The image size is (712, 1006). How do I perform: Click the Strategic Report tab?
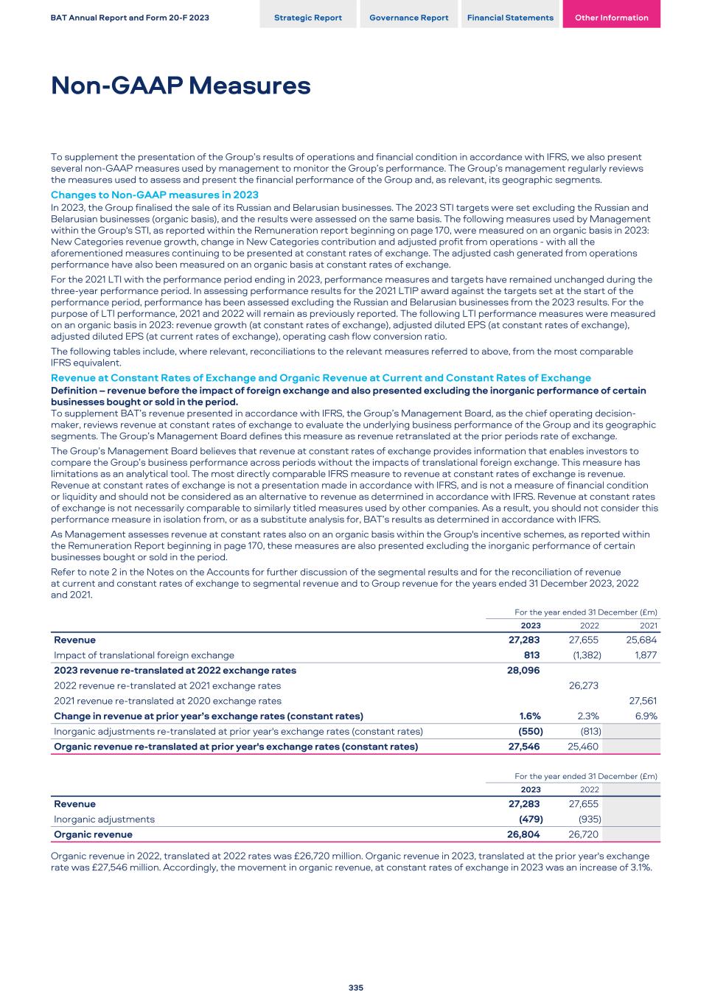[x=308, y=18]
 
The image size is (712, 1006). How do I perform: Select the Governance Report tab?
[x=408, y=18]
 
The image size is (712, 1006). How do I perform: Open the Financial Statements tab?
[x=510, y=18]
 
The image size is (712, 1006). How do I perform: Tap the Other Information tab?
[x=611, y=18]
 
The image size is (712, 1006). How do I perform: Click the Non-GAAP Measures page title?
[x=181, y=86]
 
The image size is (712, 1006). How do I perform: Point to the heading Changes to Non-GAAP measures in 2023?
[x=154, y=195]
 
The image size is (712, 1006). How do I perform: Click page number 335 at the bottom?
[x=356, y=988]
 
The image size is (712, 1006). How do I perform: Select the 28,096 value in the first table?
[x=524, y=671]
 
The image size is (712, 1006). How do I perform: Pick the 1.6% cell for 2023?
[x=530, y=716]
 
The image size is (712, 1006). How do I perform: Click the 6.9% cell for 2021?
[x=645, y=716]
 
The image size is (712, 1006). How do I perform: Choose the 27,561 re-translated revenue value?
[x=642, y=701]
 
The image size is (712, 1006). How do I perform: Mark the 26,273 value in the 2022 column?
[x=584, y=685]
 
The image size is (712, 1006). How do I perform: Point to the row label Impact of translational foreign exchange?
[x=144, y=655]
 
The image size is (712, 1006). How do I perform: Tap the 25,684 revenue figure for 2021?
[x=641, y=640]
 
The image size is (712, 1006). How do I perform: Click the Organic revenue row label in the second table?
[x=93, y=834]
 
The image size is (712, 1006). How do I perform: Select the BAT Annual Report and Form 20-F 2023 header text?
[x=130, y=18]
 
